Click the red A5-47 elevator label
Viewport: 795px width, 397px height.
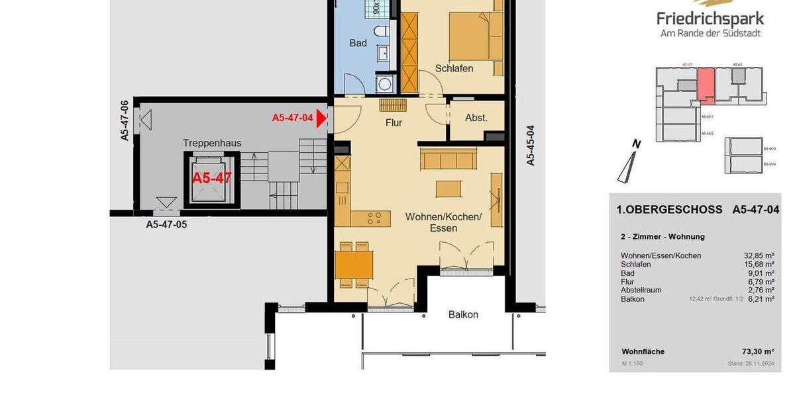pyautogui.click(x=212, y=178)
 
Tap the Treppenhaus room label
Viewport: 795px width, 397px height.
pyautogui.click(x=212, y=143)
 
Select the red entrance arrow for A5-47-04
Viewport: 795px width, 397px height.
pyautogui.click(x=322, y=118)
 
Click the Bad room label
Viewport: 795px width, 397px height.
pyautogui.click(x=358, y=44)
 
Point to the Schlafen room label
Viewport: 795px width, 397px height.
pyautogui.click(x=454, y=68)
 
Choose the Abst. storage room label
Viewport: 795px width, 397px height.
pyautogui.click(x=476, y=118)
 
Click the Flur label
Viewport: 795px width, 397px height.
pyautogui.click(x=394, y=122)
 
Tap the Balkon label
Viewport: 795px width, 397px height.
pyautogui.click(x=463, y=314)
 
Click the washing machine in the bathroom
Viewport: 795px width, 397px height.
pyautogui.click(x=384, y=83)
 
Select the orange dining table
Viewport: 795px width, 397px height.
pyautogui.click(x=354, y=265)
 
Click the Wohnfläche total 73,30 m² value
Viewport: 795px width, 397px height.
pyautogui.click(x=759, y=352)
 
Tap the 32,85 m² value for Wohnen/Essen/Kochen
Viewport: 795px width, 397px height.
pyautogui.click(x=759, y=255)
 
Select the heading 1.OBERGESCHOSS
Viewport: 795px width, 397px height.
pyautogui.click(x=669, y=210)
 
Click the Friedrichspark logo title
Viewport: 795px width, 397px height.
pyautogui.click(x=710, y=19)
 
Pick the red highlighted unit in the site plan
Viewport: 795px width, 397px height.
pyautogui.click(x=706, y=85)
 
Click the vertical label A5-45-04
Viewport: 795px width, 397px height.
pyautogui.click(x=530, y=145)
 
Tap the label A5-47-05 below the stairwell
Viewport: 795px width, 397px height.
pyautogui.click(x=166, y=225)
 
